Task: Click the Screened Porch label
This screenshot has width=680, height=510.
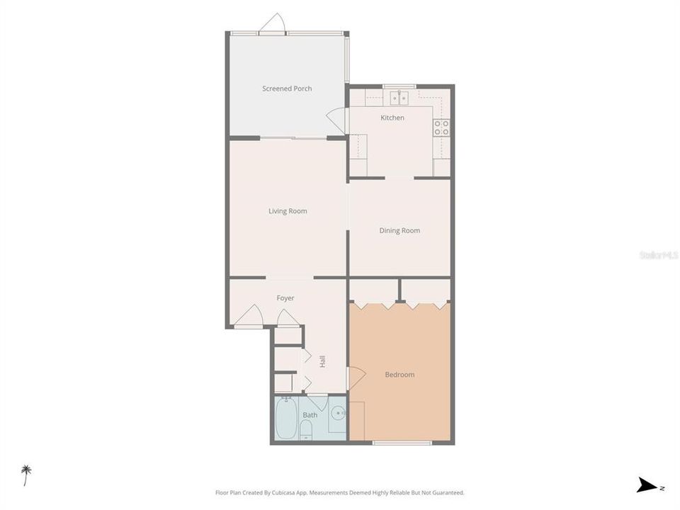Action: [x=287, y=89]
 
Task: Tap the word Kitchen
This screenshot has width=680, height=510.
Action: [x=392, y=118]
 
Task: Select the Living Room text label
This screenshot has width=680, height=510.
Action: [x=288, y=211]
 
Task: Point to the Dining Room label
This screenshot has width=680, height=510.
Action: [x=399, y=230]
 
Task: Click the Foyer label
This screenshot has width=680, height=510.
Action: [x=285, y=298]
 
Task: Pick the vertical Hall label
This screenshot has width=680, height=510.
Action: [x=322, y=361]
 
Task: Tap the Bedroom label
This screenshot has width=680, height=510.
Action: [x=399, y=375]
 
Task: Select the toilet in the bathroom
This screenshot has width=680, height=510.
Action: [x=307, y=429]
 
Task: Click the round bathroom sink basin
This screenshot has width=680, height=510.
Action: [x=338, y=412]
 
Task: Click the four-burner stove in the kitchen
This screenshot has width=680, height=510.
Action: [x=441, y=127]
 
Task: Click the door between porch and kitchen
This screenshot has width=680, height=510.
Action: [x=337, y=119]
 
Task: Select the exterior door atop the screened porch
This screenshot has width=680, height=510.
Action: [x=273, y=25]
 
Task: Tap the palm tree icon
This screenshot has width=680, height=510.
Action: [x=26, y=473]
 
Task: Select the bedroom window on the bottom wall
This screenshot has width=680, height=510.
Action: [x=402, y=443]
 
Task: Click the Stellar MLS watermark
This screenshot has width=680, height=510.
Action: [x=658, y=254]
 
